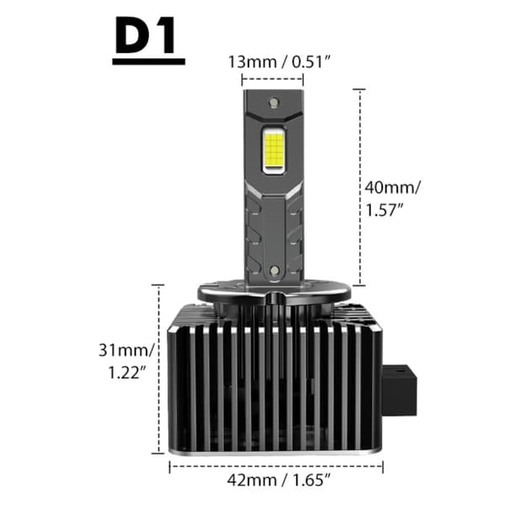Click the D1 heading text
(x=146, y=35)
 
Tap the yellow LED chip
(x=274, y=150)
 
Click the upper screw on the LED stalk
(x=274, y=103)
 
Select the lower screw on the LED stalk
(x=274, y=270)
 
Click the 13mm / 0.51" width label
(x=279, y=61)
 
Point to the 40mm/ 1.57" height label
(x=392, y=198)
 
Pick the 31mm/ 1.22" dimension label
(x=126, y=361)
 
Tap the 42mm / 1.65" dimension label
(x=279, y=481)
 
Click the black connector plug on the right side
(x=399, y=390)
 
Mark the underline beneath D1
(x=148, y=61)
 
